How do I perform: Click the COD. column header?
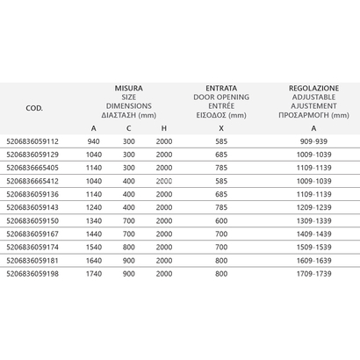click(x=35, y=109)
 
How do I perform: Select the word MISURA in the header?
click(x=129, y=89)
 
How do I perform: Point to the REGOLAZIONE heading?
click(x=315, y=89)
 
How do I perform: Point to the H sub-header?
click(x=164, y=129)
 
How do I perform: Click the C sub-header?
click(x=129, y=129)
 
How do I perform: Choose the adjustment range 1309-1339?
click(x=315, y=221)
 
